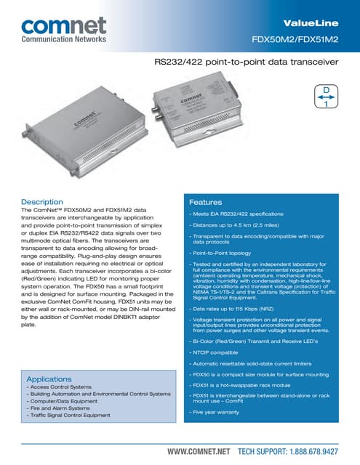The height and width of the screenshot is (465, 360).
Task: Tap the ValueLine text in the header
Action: [313, 25]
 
